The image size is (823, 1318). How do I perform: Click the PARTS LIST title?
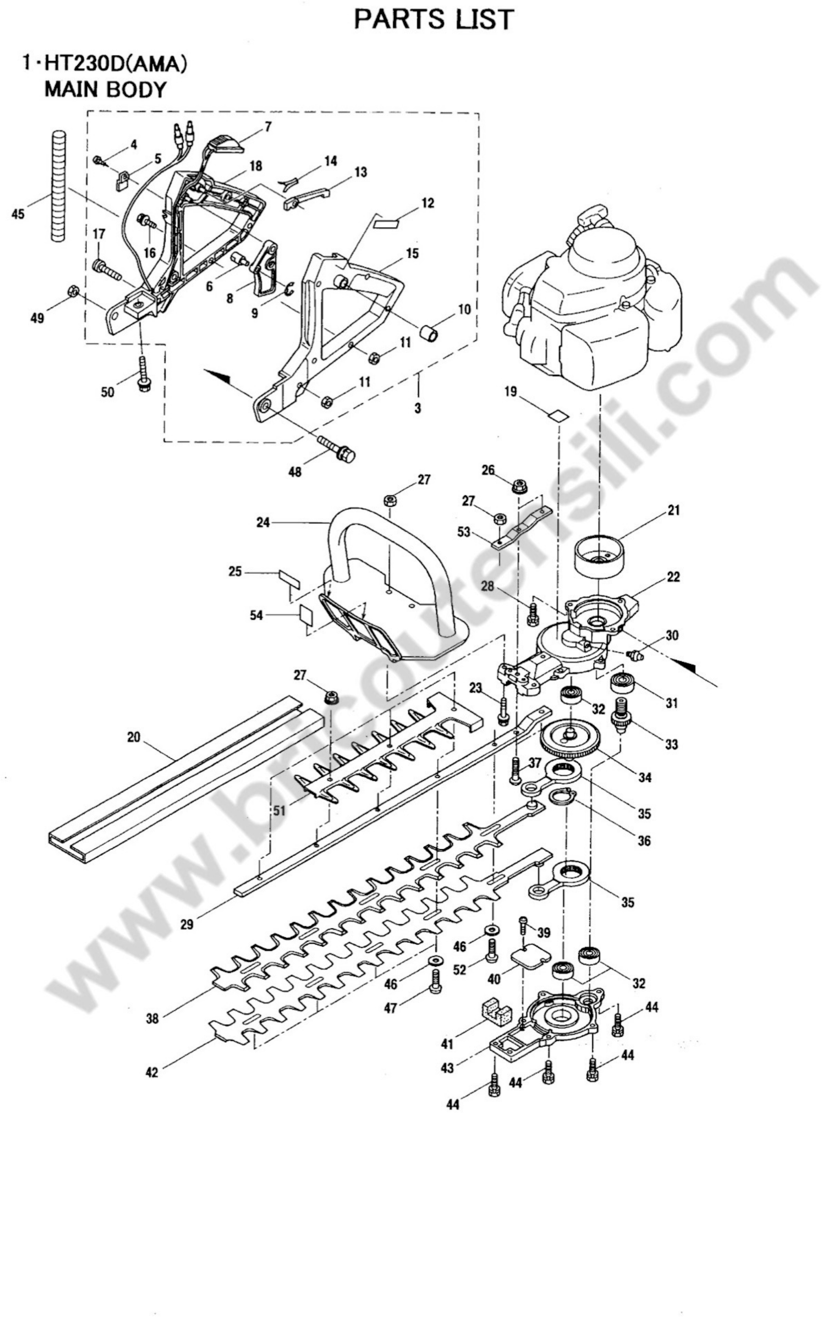pos(434,20)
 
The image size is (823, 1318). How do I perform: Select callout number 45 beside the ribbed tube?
pos(18,214)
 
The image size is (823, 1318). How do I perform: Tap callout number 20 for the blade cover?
pos(133,737)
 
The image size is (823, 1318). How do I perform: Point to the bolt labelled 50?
pos(143,372)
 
